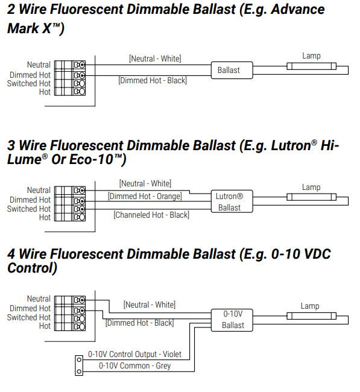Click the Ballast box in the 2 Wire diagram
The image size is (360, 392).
(229, 70)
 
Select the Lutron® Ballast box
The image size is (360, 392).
(229, 202)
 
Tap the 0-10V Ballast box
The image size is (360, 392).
(233, 320)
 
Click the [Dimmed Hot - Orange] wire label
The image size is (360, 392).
(145, 196)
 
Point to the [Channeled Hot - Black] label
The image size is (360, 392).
(151, 215)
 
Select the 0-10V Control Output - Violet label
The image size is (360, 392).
(134, 355)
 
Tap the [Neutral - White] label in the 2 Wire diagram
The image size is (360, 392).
(155, 58)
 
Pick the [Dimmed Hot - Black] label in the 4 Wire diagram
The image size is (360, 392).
(139, 323)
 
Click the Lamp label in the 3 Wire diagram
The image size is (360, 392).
(311, 187)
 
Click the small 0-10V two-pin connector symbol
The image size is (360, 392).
(78, 362)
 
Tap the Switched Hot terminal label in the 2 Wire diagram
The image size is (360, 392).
(28, 83)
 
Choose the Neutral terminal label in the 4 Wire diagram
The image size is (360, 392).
(39, 299)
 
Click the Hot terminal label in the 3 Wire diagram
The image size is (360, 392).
(45, 218)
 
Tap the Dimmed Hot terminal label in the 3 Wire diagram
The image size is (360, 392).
(30, 200)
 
